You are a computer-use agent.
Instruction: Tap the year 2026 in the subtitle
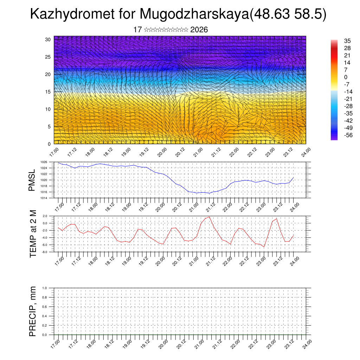[199, 30]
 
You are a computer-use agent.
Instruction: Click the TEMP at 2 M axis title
[33, 234]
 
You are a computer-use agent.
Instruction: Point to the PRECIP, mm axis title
[33, 311]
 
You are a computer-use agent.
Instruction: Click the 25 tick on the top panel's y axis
[48, 57]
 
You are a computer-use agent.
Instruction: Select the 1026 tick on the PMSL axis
[44, 162]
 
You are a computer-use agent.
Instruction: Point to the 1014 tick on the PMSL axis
[44, 198]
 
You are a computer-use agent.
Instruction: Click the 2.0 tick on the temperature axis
[45, 216]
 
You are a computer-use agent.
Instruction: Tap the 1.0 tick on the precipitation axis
[45, 288]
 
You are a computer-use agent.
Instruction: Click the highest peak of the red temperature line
[210, 217]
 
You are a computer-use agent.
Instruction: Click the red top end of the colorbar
[334, 41]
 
